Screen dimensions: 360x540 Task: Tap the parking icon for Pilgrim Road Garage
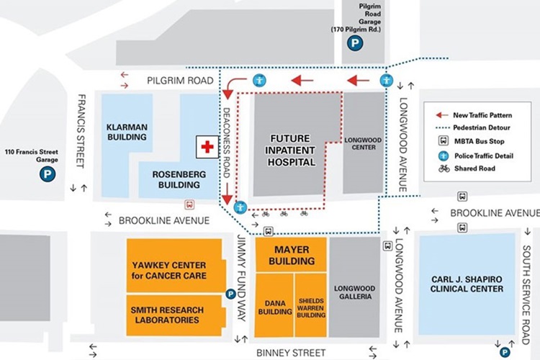tap(354, 45)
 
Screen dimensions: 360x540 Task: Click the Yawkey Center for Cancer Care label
tap(169, 270)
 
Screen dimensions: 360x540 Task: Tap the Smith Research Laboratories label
tap(168, 315)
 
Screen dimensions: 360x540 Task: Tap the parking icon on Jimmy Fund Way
tap(230, 293)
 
